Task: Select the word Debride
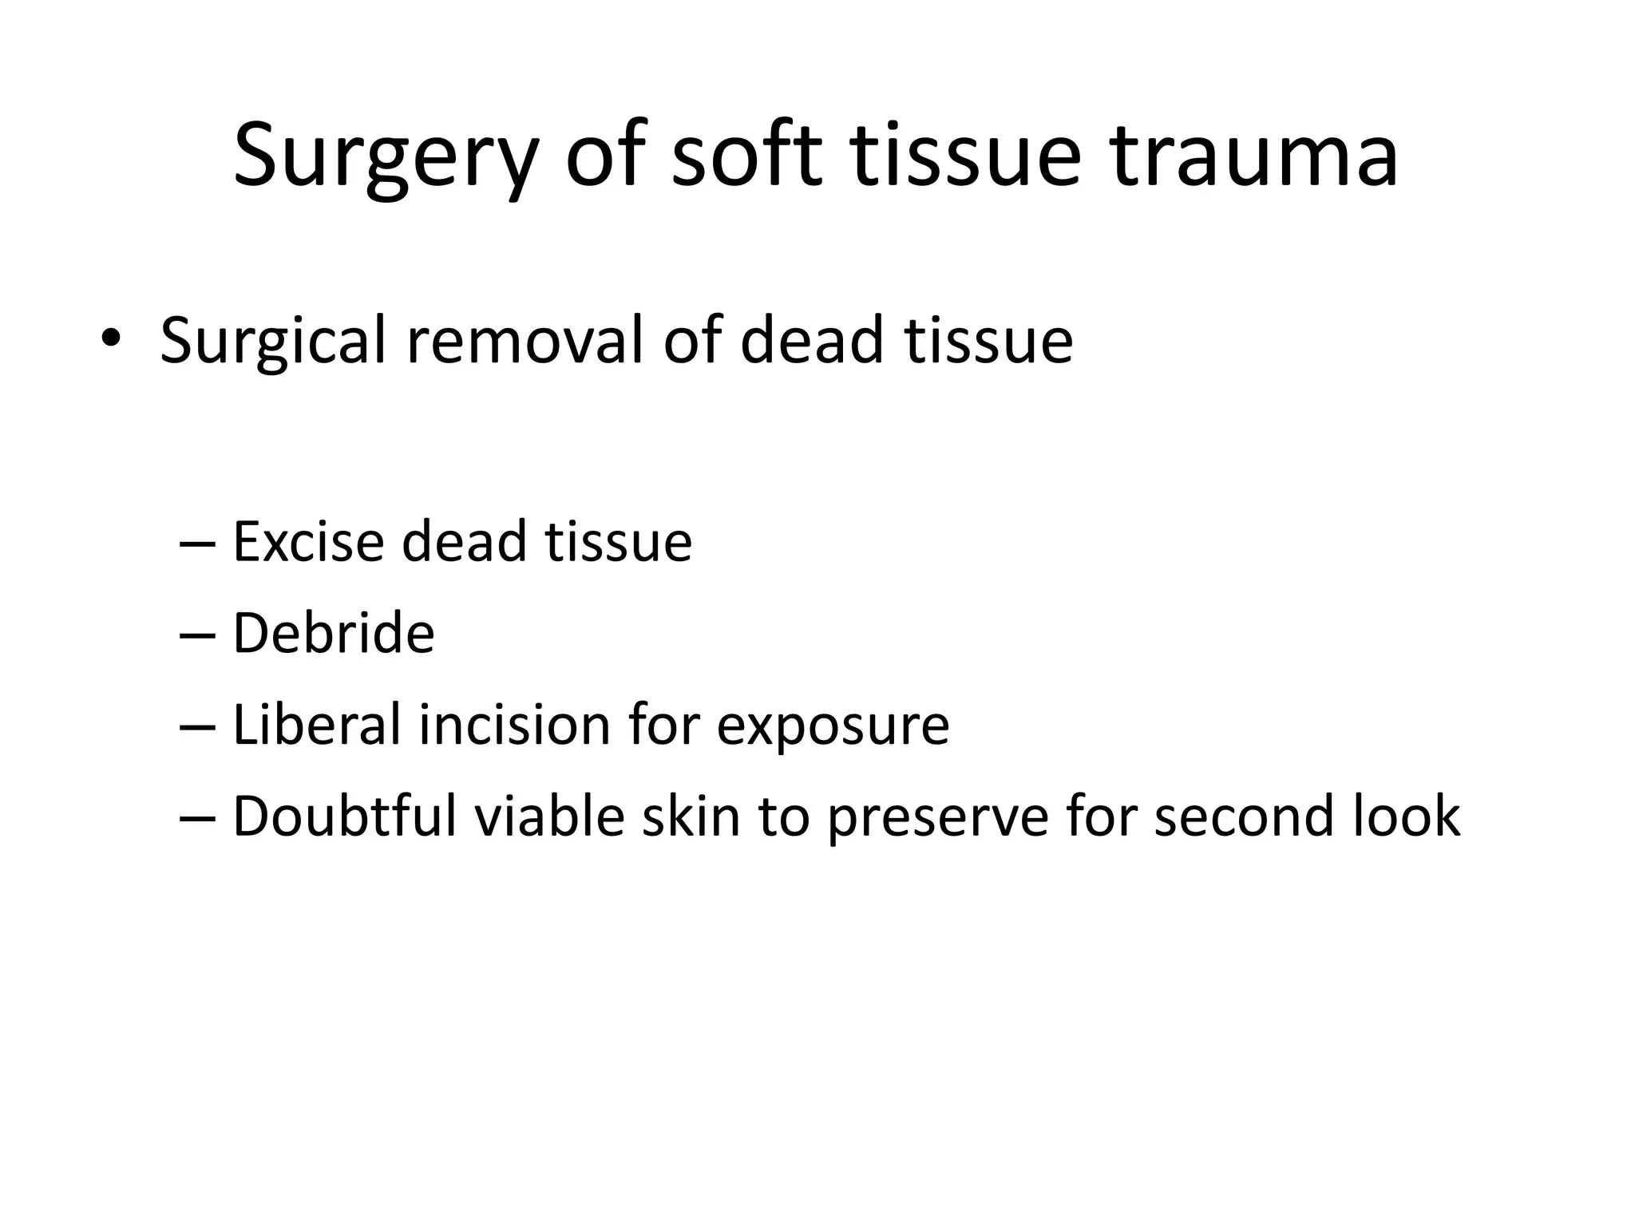point(333,634)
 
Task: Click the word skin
point(691,817)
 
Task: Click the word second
point(1244,817)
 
